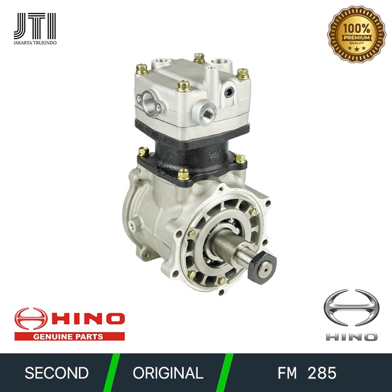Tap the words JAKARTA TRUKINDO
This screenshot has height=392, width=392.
(35, 43)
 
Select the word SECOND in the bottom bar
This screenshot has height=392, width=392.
(57, 373)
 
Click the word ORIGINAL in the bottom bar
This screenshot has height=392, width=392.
(168, 373)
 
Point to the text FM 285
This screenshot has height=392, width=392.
(307, 373)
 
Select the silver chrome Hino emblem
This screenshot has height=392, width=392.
(351, 308)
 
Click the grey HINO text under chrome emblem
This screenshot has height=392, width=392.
(351, 337)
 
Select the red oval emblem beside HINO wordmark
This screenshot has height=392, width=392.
(31, 319)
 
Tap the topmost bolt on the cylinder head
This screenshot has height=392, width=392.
(198, 57)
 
